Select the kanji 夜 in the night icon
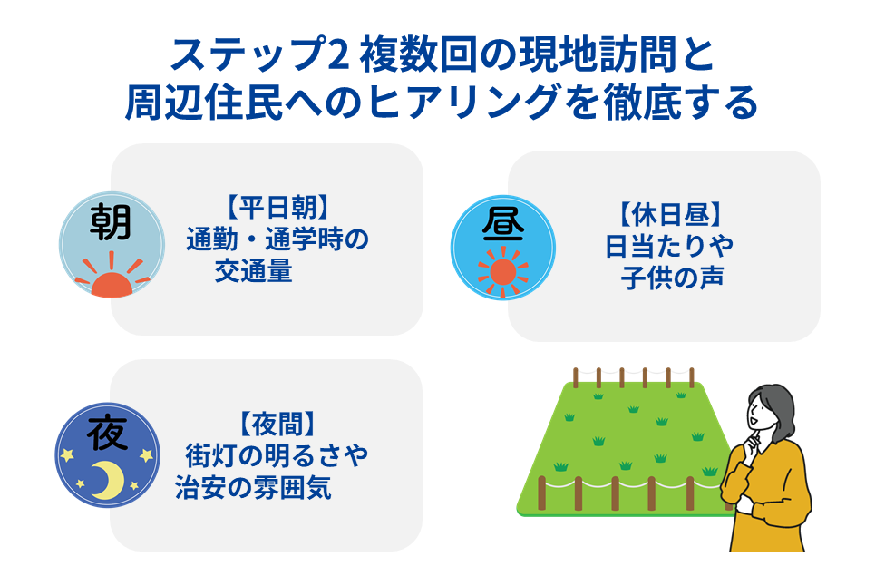point(108,433)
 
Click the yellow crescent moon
point(111,477)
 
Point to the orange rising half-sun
point(110,280)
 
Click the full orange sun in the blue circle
point(501,272)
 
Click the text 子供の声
point(672,276)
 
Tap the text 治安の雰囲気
point(253,487)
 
